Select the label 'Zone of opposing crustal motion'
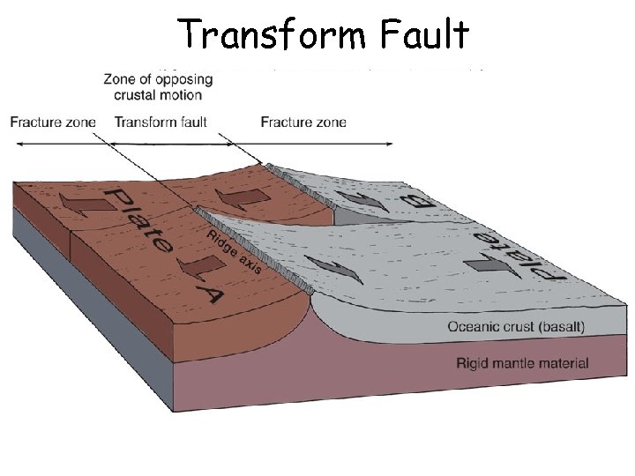[159, 86]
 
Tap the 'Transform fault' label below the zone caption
[161, 122]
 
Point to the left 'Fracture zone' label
[53, 122]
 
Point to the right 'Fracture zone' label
[303, 122]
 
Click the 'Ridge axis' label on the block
[234, 249]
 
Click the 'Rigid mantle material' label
[522, 362]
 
